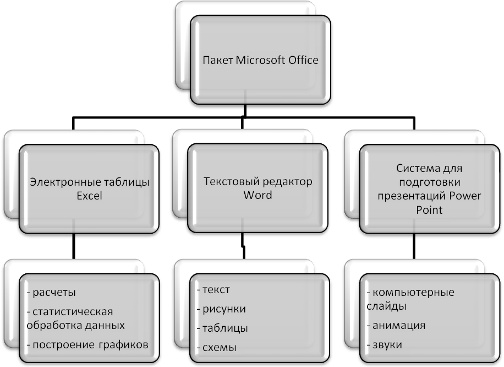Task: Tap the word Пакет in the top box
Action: pos(218,60)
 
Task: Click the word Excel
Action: pos(90,196)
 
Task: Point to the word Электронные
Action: pos(62,182)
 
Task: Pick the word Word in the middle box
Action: pos(258,195)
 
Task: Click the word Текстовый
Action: pos(228,181)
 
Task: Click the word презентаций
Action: pos(414,196)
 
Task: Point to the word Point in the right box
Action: pos(430,210)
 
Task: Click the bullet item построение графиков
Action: pos(87,345)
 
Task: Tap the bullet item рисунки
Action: pos(221,309)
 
